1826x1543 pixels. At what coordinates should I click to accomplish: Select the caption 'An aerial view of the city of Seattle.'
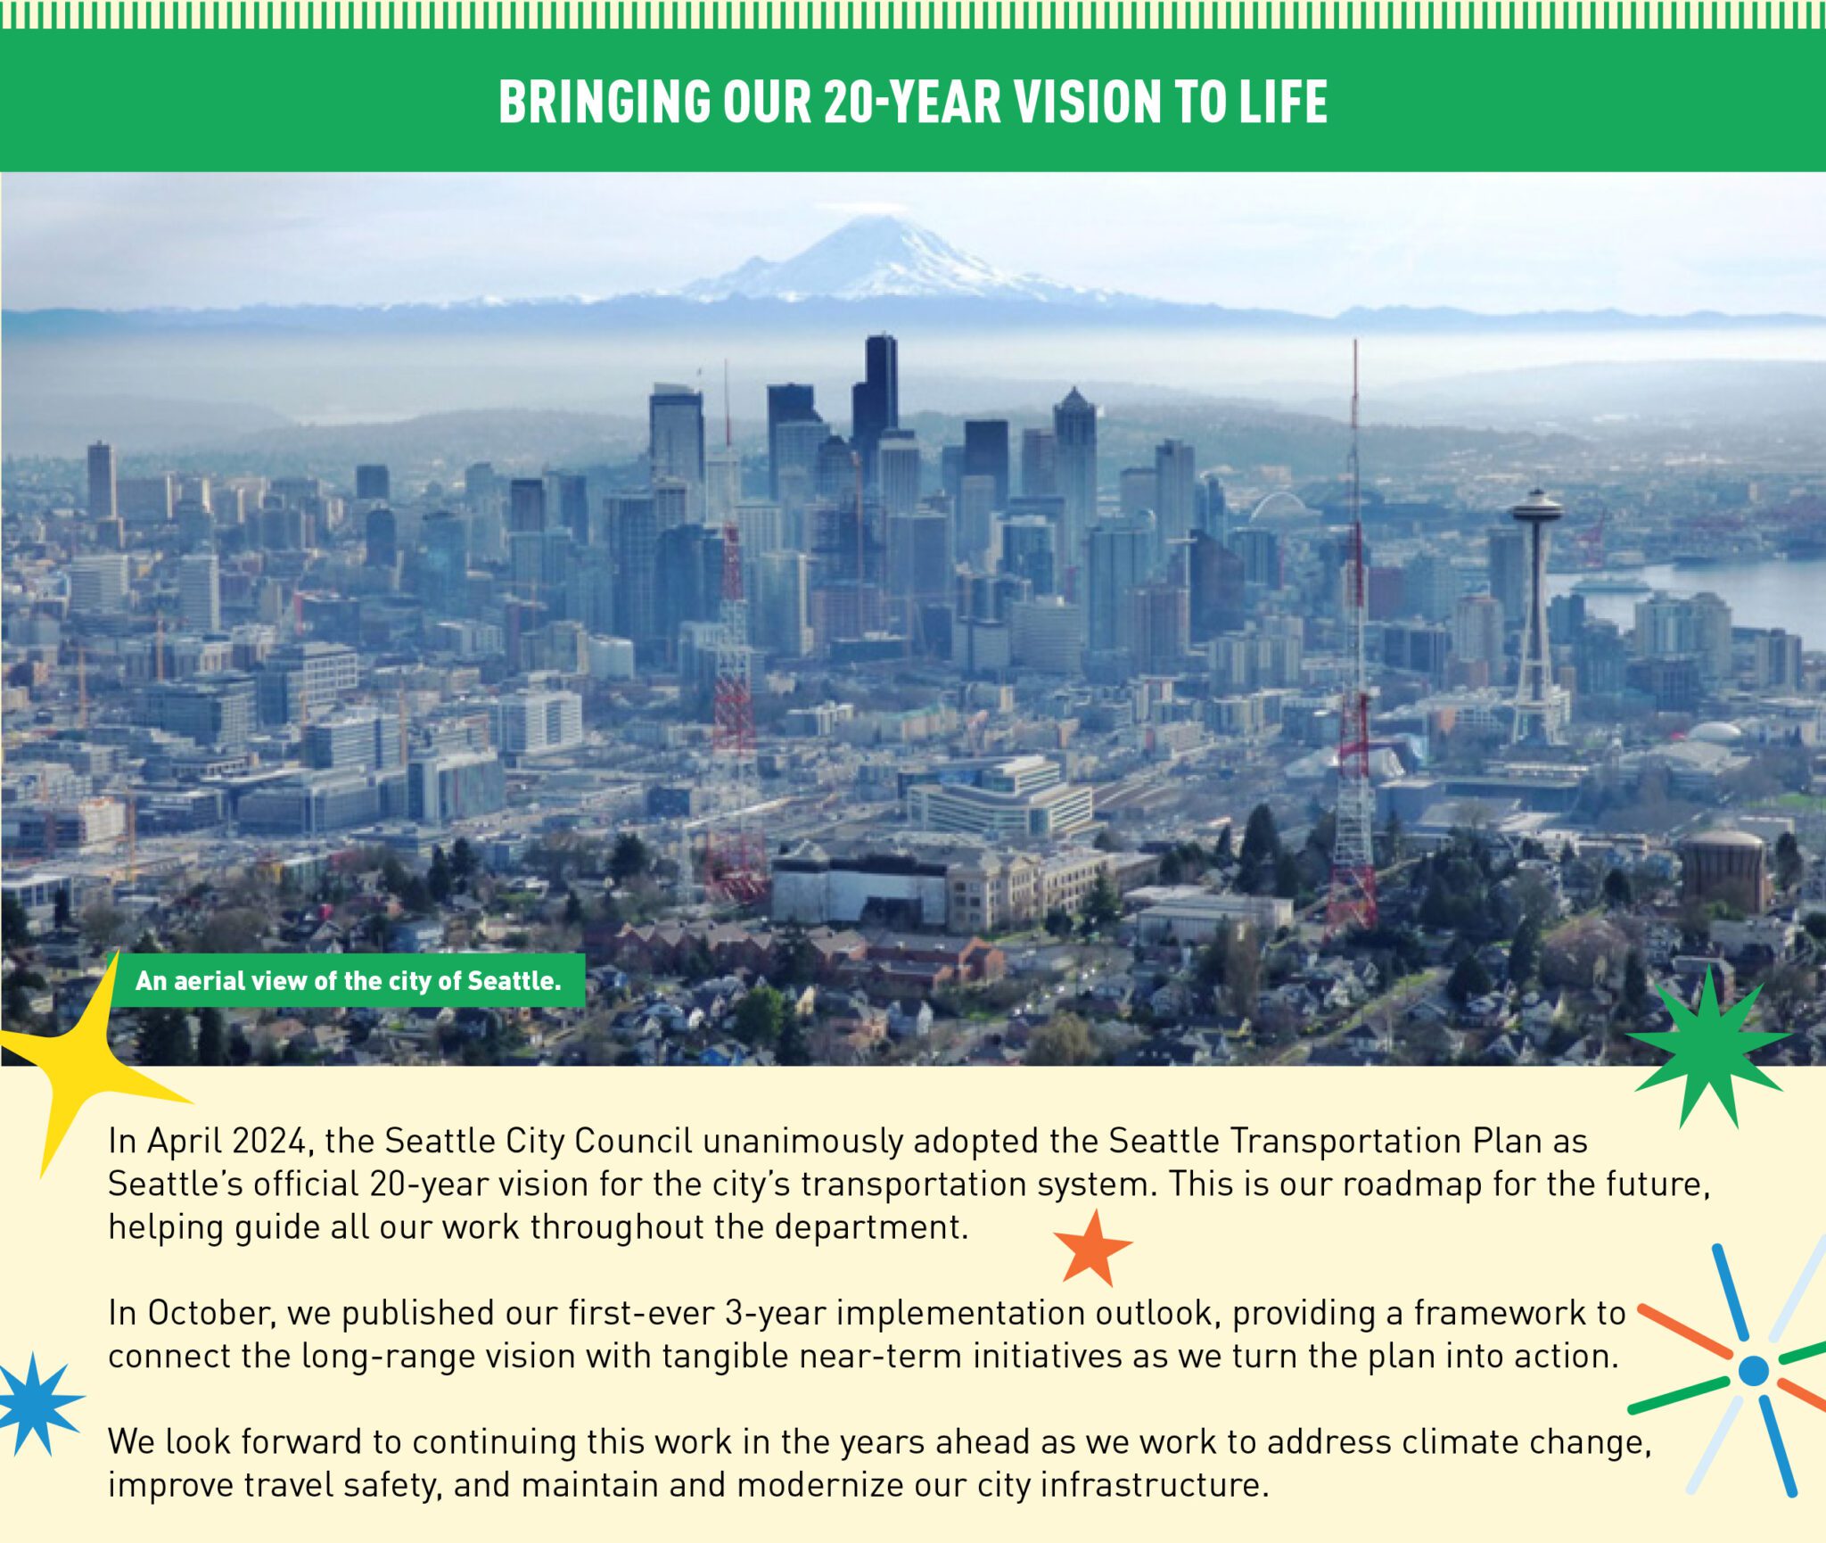[x=349, y=981]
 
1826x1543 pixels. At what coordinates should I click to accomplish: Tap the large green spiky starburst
[x=1708, y=1045]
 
